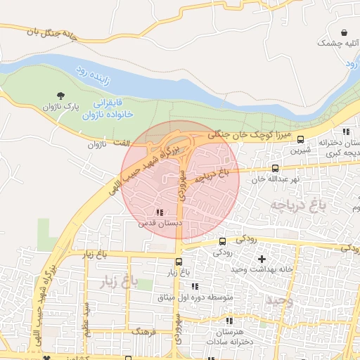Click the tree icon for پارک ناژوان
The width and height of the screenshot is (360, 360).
coord(60,96)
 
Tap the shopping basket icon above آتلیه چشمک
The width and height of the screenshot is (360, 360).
coord(345,32)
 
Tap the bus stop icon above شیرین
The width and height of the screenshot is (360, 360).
coord(301,139)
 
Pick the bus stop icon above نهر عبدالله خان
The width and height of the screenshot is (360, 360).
coord(275,168)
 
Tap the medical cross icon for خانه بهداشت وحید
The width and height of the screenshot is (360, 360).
coord(262,259)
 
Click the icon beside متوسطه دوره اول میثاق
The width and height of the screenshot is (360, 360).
coord(195,287)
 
